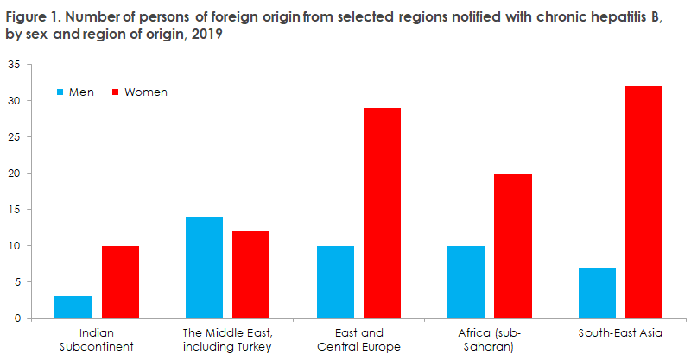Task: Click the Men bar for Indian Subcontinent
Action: coord(73,307)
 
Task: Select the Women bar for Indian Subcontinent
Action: coord(120,282)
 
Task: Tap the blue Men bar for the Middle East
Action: coord(204,268)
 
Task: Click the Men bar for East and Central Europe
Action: coord(335,282)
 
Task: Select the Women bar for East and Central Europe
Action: coord(382,213)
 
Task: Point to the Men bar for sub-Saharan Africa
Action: coord(466,282)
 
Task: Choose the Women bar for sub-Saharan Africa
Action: coord(513,246)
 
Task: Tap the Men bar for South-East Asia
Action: coord(598,293)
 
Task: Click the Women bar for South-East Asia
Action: coord(643,202)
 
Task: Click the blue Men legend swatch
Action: coord(60,92)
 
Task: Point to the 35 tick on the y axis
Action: coord(14,65)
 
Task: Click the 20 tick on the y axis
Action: coord(14,174)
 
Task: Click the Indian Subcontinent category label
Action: coord(97,339)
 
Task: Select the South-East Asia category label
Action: coord(620,333)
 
